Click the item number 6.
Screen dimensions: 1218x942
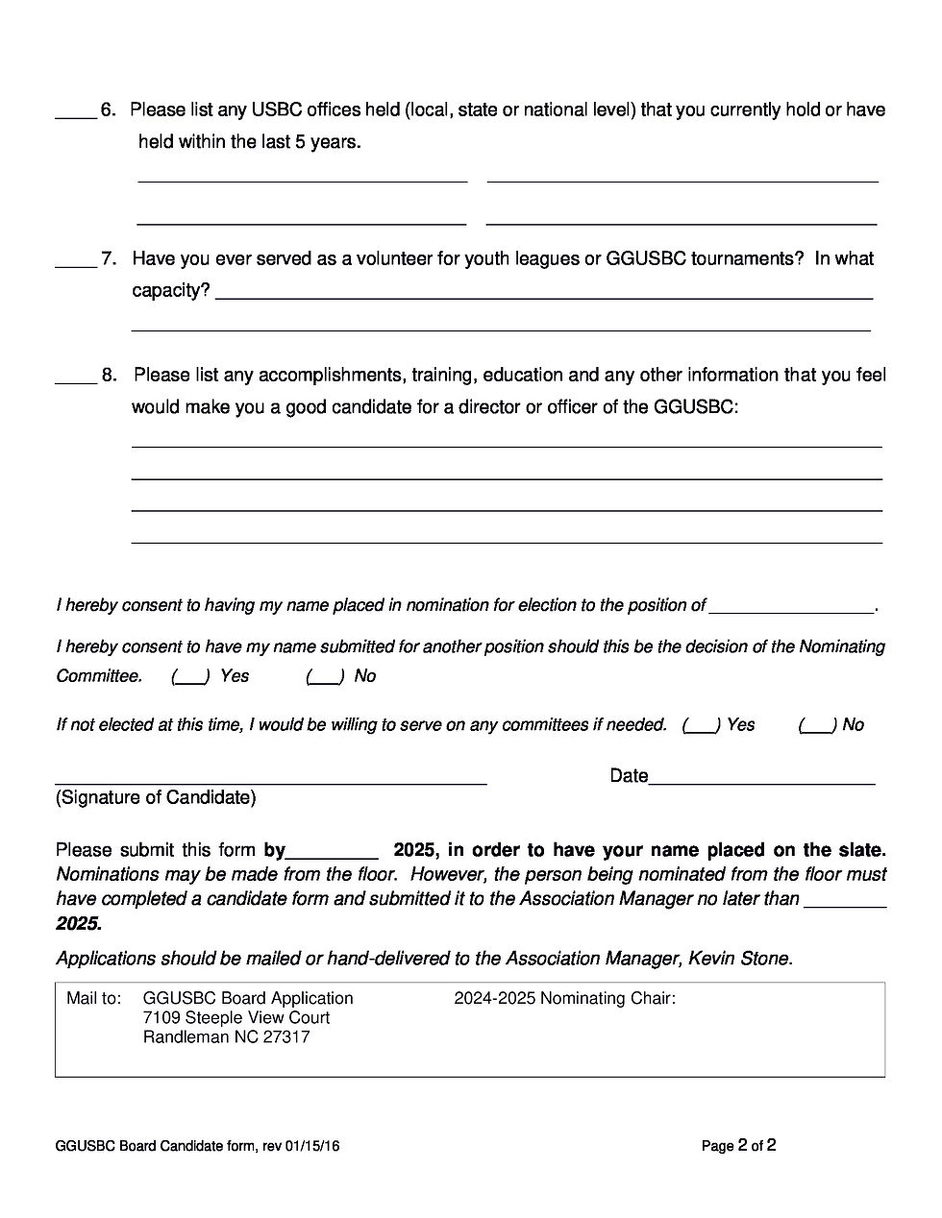[x=108, y=110]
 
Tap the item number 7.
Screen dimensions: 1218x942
[x=109, y=258]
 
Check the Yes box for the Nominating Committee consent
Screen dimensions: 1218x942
[x=190, y=676]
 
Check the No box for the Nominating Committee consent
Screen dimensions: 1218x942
[x=325, y=676]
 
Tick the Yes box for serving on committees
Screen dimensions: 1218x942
[x=702, y=725]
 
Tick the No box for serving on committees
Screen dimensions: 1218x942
[x=817, y=725]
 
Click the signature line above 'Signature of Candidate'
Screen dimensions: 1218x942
[x=270, y=781]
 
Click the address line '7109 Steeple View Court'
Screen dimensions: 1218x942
[x=235, y=1018]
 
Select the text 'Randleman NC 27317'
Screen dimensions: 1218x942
[x=226, y=1037]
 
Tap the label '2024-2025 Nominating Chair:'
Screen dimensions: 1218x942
[x=564, y=999]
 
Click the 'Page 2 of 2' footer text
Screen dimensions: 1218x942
[x=738, y=1146]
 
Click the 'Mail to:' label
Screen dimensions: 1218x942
[x=93, y=999]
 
